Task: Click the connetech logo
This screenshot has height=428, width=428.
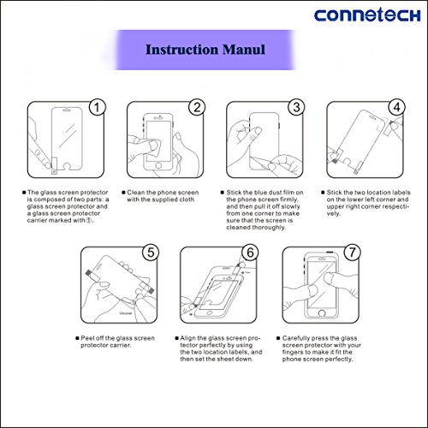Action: (367, 15)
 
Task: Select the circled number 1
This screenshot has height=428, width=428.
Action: (97, 107)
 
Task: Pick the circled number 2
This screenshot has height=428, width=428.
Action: (197, 107)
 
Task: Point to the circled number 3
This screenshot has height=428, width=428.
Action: (296, 107)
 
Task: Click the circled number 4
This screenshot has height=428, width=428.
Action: (397, 107)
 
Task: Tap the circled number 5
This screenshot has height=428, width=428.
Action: (151, 253)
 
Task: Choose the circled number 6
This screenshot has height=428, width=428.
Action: (250, 253)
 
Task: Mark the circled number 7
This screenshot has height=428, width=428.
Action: (353, 253)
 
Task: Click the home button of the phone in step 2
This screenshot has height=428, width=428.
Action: (158, 165)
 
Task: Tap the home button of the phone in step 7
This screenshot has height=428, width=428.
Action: (322, 313)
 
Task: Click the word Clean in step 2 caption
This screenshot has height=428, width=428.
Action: (136, 193)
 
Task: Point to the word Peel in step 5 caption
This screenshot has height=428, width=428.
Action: (87, 338)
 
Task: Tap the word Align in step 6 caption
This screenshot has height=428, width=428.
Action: (187, 338)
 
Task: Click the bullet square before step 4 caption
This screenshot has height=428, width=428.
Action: (323, 193)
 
